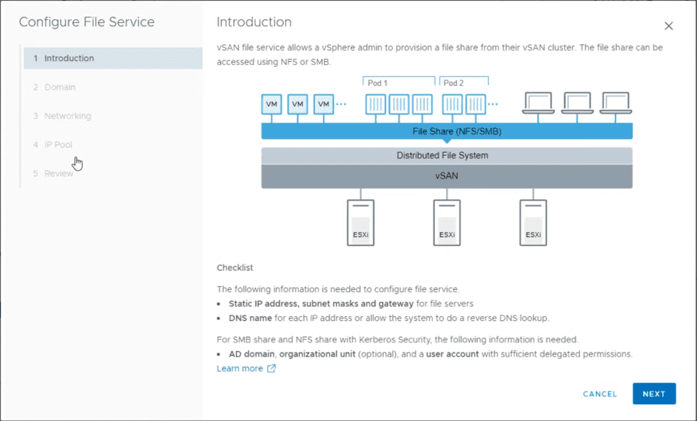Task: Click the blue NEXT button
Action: (654, 394)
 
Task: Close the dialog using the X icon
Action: (668, 26)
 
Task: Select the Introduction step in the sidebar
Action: (69, 59)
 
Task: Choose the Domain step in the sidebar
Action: (60, 87)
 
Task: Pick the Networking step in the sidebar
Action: (68, 116)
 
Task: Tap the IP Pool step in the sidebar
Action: (58, 145)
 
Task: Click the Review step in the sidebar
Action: (59, 173)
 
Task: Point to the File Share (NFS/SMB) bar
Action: (447, 131)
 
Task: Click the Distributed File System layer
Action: (447, 156)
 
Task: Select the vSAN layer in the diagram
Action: (447, 176)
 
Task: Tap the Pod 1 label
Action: (377, 83)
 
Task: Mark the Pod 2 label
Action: (454, 83)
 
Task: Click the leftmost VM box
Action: (272, 104)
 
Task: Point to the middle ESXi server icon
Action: (447, 222)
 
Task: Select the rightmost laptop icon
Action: (615, 102)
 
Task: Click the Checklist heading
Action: (234, 268)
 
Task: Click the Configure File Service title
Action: (87, 22)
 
